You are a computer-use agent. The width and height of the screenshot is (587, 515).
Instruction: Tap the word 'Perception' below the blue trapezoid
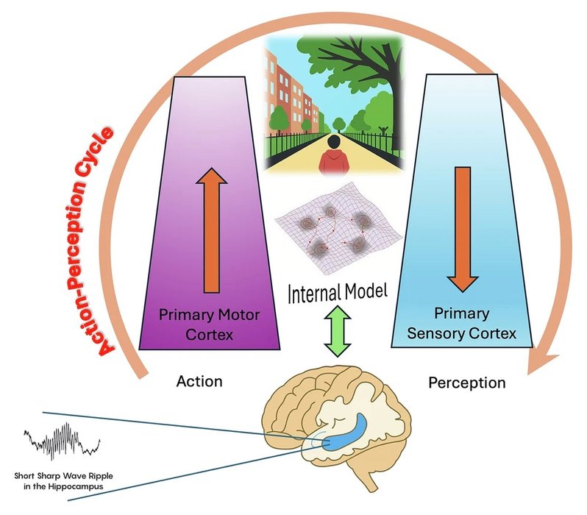[x=467, y=383]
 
